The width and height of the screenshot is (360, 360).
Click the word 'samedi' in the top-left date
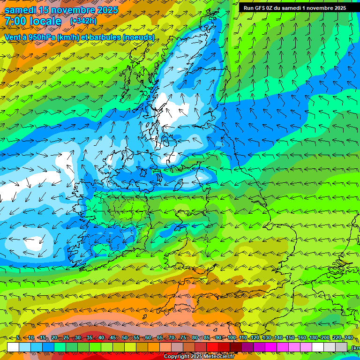(20, 9)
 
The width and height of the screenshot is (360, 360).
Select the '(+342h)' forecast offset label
(83, 21)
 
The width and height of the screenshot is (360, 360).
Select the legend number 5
(18, 338)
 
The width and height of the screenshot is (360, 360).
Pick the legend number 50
(124, 338)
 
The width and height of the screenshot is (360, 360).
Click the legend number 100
(231, 338)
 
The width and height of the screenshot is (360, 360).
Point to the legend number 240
(349, 338)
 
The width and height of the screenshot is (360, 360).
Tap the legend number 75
(183, 338)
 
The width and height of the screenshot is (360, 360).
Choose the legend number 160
(302, 338)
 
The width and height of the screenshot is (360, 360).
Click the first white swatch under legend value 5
(13, 347)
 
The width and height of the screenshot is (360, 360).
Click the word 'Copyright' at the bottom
(176, 357)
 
